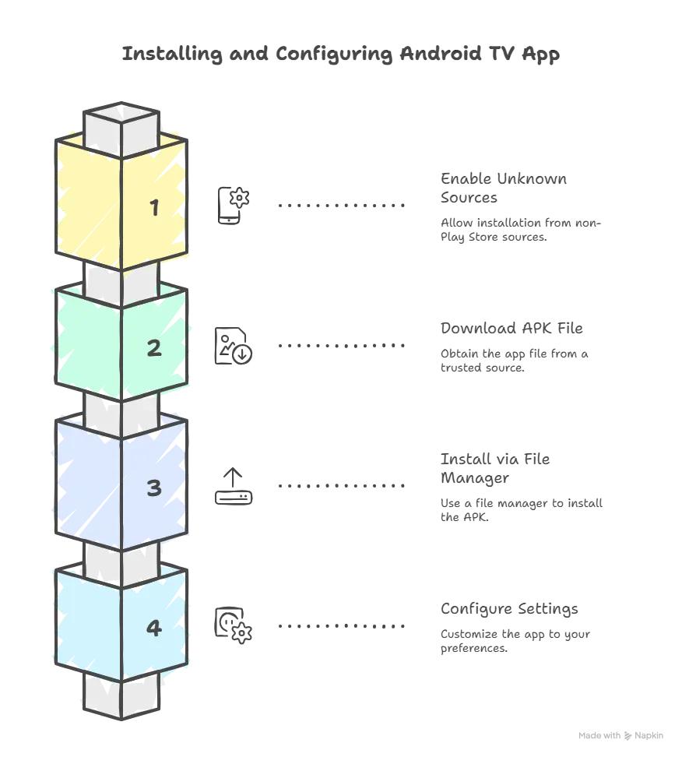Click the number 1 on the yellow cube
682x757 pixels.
coord(154,208)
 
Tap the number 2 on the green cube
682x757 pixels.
coord(154,348)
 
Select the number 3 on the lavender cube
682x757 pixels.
coord(154,488)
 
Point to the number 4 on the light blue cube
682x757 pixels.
coord(154,628)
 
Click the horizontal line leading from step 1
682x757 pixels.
coord(339,206)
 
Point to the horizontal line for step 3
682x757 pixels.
coord(339,486)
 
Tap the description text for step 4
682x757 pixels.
coord(506,628)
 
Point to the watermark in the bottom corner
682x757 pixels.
coord(623,734)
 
